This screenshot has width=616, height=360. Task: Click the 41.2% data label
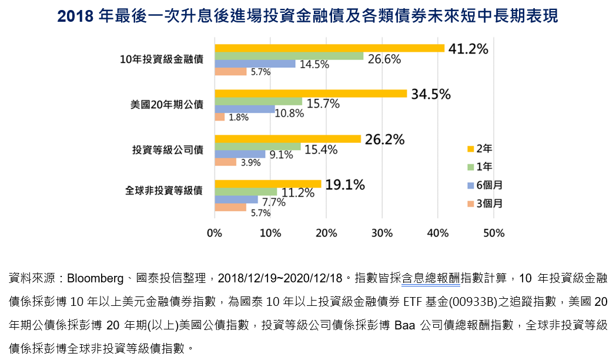[468, 49]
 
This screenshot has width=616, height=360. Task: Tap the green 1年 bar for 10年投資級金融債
[289, 56]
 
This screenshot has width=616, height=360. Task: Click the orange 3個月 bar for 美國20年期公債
[220, 116]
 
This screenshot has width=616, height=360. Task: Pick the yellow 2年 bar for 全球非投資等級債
[267, 184]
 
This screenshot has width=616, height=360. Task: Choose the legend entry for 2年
[480, 148]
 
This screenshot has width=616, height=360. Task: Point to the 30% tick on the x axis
[381, 233]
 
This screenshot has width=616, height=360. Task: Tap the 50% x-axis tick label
[493, 233]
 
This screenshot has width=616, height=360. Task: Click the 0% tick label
[215, 233]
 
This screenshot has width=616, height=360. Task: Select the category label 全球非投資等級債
[164, 191]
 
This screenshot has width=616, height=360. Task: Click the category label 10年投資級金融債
[161, 59]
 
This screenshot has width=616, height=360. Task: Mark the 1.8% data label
[239, 117]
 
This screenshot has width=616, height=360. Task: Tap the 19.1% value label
[345, 185]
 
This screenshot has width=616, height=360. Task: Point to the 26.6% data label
[384, 59]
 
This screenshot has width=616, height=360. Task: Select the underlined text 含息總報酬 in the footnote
[431, 278]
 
